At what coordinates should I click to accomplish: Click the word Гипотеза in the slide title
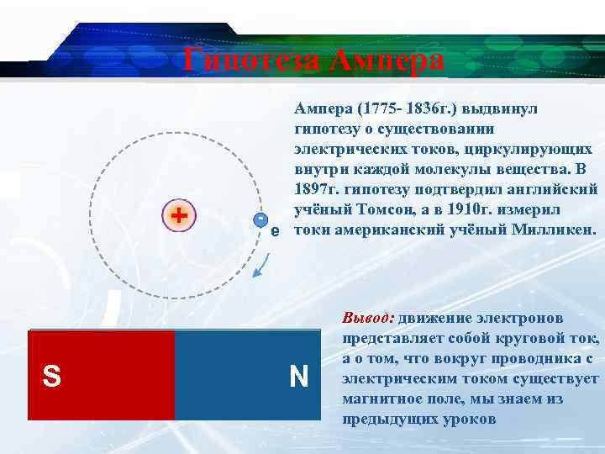pos(253,61)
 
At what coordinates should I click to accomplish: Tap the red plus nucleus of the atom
pos(178,215)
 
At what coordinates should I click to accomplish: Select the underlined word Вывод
pos(368,319)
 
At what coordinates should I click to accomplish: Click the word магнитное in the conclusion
pos(383,399)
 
